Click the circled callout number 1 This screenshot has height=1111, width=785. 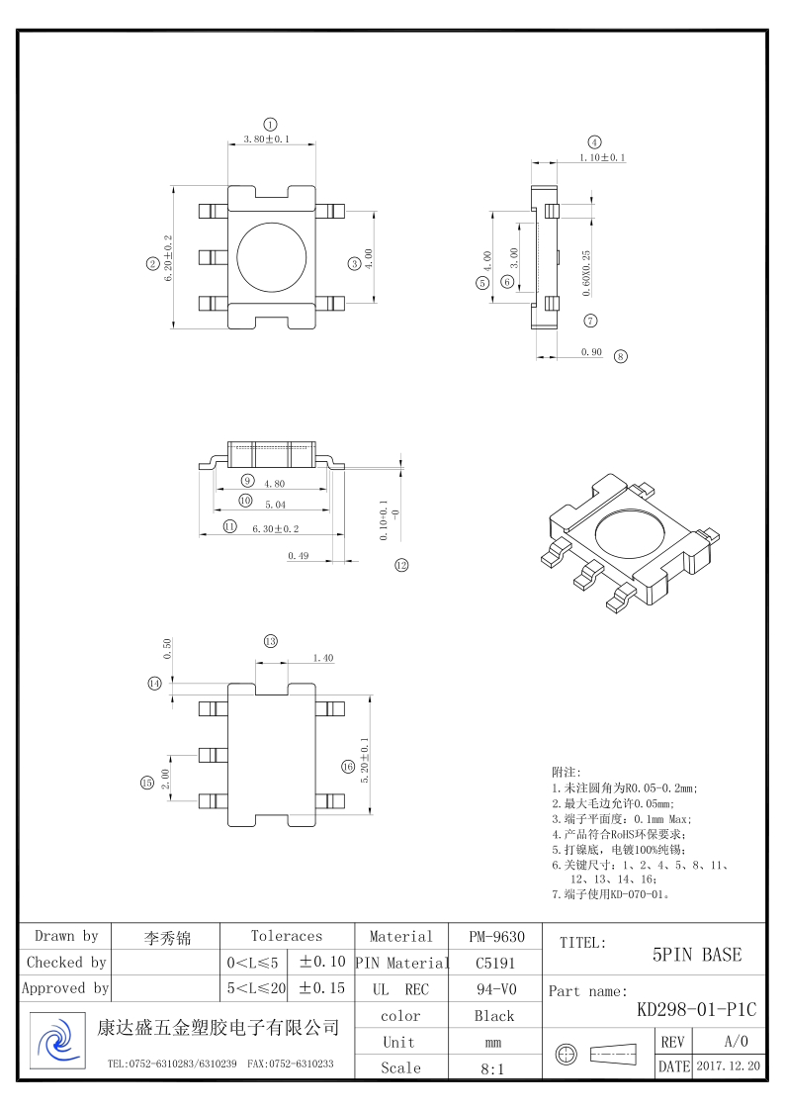tap(271, 123)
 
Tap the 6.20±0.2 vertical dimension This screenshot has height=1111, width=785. tap(169, 258)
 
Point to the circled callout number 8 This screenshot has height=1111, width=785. tap(620, 356)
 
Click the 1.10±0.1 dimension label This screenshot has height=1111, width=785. tap(602, 158)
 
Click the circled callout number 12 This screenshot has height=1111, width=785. tap(400, 566)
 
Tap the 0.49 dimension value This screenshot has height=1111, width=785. tap(298, 556)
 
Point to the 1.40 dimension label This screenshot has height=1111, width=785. tap(322, 658)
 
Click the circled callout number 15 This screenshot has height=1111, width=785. tap(146, 783)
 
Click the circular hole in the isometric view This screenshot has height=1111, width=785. tap(633, 534)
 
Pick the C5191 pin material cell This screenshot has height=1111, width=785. tap(494, 963)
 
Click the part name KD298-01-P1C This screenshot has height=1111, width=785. tap(696, 1010)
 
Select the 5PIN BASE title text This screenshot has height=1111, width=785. tap(697, 955)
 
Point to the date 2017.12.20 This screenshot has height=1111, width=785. tap(728, 1067)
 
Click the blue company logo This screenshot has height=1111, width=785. tap(56, 1039)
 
